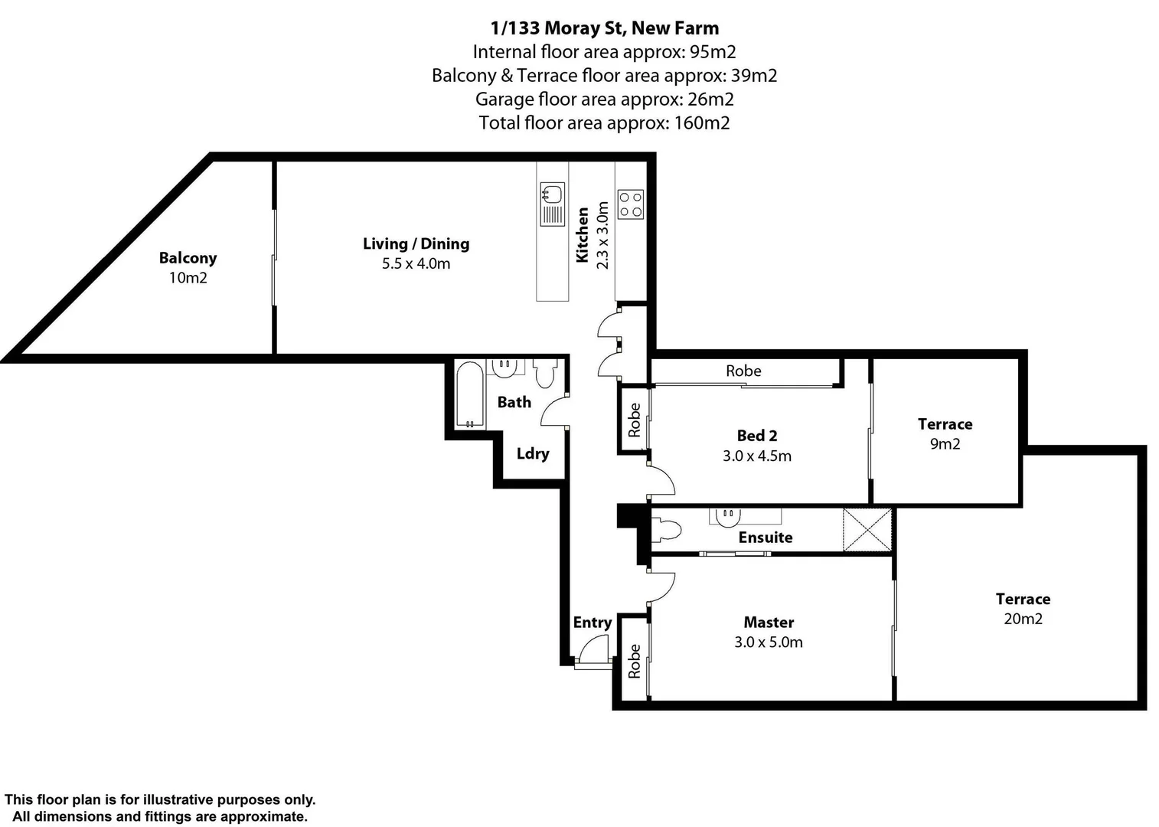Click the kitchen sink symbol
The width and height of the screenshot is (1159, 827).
coord(552,204)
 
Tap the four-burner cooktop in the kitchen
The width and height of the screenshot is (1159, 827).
coord(631,204)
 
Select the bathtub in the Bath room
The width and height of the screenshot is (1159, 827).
coord(469,394)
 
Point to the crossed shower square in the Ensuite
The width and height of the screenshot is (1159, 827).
coord(867,528)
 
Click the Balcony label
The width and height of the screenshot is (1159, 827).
coord(188,258)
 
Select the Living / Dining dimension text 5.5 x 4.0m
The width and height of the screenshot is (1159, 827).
coord(416,264)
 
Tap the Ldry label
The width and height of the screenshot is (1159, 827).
coord(533,453)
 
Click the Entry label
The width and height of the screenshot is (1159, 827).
coord(593,623)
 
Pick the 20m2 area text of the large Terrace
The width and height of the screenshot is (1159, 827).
coord(1023,619)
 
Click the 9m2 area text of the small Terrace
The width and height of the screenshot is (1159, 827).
coord(945,444)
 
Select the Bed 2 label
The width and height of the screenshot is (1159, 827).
coord(757,436)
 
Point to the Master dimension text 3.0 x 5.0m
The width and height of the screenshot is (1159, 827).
coord(769,642)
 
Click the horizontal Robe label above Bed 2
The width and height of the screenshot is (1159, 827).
coord(743,371)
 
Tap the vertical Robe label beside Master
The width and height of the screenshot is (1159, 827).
coord(635,661)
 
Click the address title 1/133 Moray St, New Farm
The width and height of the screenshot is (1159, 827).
coord(604,28)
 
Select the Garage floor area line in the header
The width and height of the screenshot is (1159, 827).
coord(604,99)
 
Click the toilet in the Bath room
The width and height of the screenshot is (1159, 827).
coord(544,374)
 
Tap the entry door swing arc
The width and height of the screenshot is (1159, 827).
coord(591,652)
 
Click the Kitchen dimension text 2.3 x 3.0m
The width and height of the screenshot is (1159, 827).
coord(602,235)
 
